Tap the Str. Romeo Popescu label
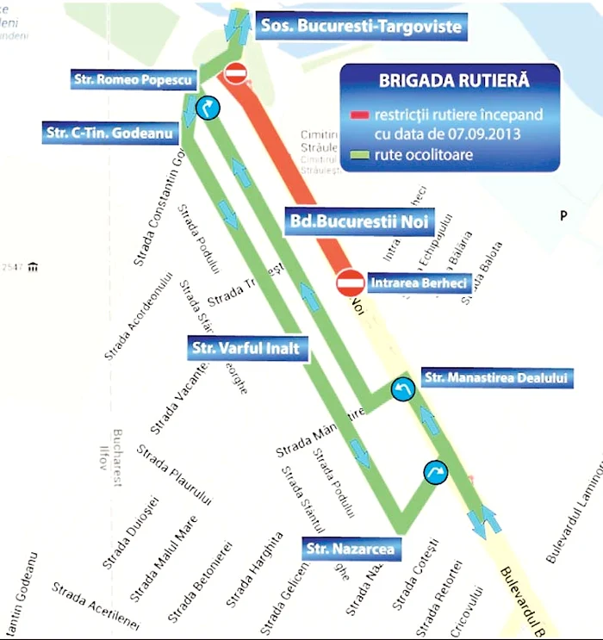[x=134, y=80]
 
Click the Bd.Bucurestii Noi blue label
[x=361, y=220]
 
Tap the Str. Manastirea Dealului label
[x=496, y=377]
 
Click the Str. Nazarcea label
[x=351, y=548]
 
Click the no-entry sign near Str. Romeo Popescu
[x=236, y=73]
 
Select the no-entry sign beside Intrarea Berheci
[x=350, y=282]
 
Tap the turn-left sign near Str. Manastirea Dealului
[x=402, y=390]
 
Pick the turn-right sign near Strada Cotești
[x=436, y=472]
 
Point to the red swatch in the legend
[x=358, y=115]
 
